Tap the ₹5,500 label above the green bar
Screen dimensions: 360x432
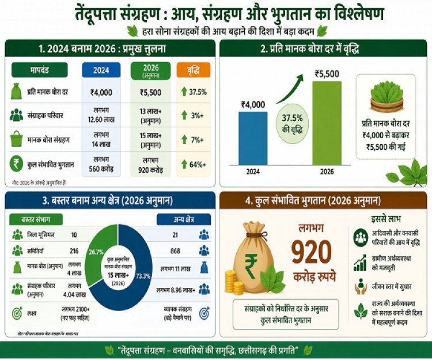click(327, 74)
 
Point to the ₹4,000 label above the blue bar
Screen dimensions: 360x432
click(253, 104)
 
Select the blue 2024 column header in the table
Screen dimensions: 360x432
click(101, 70)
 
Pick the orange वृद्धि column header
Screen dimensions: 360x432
click(194, 70)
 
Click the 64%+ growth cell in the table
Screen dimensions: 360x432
click(194, 165)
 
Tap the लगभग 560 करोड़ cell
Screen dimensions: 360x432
click(101, 165)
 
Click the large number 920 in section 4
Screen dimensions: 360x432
click(311, 252)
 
